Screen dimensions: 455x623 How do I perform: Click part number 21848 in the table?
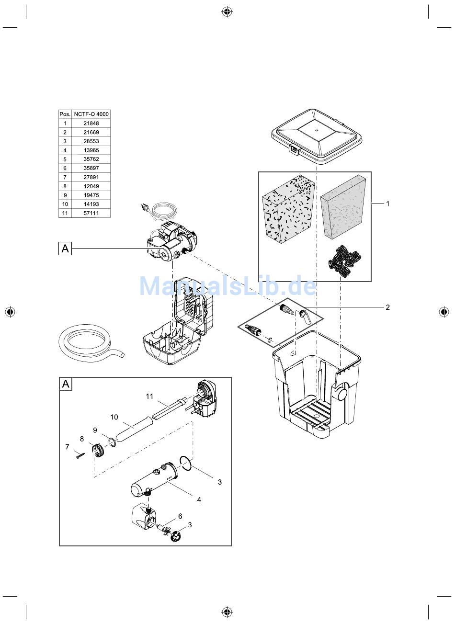(x=91, y=123)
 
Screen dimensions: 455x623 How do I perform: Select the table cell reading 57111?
(x=91, y=213)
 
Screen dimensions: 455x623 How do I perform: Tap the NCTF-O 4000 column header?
(x=91, y=114)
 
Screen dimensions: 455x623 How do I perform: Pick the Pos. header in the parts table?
(x=65, y=114)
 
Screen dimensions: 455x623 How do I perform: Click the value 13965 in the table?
(x=91, y=150)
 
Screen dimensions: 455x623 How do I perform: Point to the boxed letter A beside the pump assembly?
(x=65, y=248)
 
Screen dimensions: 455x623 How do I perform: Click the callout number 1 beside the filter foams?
(x=387, y=204)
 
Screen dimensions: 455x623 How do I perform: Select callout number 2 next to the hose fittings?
(x=387, y=307)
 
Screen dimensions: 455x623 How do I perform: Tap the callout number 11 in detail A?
(x=149, y=396)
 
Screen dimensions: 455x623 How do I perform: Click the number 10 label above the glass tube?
(x=114, y=417)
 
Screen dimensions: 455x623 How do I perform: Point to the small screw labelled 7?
(x=80, y=455)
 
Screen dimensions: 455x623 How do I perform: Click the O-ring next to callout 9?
(x=112, y=442)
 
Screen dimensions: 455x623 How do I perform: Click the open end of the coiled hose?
(x=122, y=355)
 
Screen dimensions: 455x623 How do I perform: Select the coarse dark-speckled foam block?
(x=288, y=209)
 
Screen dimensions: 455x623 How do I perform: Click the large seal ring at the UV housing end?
(x=186, y=464)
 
